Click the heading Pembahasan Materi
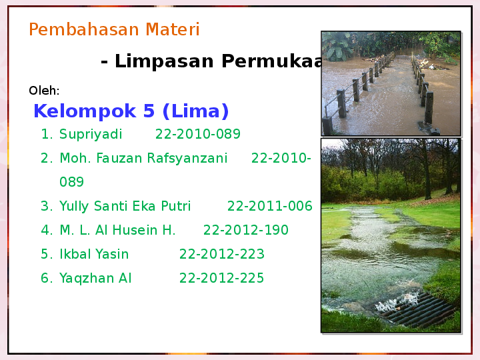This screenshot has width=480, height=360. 114,30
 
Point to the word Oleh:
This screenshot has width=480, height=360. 44,91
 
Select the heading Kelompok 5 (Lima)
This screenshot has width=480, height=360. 131,111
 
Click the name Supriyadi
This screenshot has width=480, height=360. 91,135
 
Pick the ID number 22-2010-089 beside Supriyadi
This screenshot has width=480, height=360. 197,135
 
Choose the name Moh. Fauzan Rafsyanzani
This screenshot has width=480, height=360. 143,159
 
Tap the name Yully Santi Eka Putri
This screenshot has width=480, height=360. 125,207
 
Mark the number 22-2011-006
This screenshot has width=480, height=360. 269,207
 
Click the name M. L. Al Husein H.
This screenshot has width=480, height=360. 117,231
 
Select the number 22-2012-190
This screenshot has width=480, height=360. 245,231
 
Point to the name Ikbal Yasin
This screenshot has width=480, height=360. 94,255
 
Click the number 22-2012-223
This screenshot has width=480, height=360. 221,255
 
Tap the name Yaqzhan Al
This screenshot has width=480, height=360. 95,279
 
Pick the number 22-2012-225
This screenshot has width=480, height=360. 221,279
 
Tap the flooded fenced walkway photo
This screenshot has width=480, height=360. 391,83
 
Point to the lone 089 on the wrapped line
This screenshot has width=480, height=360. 71,183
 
